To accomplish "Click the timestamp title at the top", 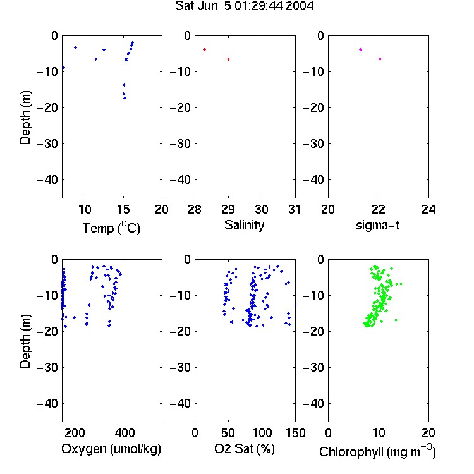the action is [x=244, y=6].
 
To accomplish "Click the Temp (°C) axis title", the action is [x=111, y=228].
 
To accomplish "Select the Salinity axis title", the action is [x=244, y=225].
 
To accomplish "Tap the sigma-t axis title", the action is [x=377, y=225].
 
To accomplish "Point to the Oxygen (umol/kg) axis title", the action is [x=111, y=449].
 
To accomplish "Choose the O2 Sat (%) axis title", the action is [x=245, y=449].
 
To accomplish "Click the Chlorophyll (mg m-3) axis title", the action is [x=377, y=451].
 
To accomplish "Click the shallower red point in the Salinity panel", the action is [x=204, y=49].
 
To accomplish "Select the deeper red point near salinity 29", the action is [x=229, y=59].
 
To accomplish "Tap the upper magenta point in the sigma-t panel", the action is [x=360, y=49].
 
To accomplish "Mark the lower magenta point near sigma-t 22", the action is [x=380, y=59].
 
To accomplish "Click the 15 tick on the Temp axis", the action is [x=123, y=209].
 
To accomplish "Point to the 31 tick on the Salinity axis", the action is [x=295, y=209].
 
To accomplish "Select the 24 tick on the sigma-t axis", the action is [x=428, y=209].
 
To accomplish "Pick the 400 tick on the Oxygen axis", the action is [x=125, y=433].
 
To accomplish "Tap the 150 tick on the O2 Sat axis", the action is [x=295, y=433].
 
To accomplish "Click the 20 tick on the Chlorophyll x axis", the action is [x=428, y=433].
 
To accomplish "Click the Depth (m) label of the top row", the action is [x=25, y=118].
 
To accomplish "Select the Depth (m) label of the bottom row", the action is [x=25, y=341].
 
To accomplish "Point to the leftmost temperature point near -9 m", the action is [x=63, y=68].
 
